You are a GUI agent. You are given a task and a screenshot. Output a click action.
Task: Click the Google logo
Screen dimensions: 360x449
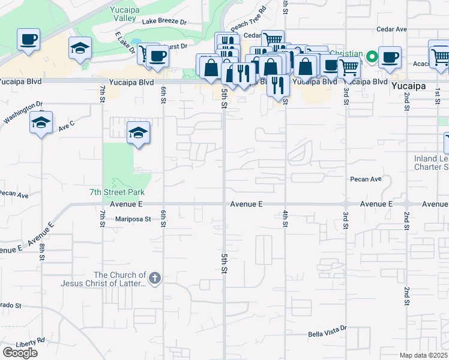tap(20, 352)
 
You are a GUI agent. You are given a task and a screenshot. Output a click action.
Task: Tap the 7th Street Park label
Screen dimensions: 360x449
tap(117, 192)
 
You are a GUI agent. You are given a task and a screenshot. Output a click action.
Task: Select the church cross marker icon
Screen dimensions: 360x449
tap(155, 278)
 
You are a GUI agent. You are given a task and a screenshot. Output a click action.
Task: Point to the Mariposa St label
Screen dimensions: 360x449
tap(133, 219)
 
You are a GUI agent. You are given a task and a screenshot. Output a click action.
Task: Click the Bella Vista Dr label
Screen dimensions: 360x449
tap(328, 331)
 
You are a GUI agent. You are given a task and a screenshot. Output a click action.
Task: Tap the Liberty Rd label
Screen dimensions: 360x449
tap(31, 341)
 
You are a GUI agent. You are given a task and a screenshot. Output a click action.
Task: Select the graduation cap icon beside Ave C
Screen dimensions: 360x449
tap(41, 123)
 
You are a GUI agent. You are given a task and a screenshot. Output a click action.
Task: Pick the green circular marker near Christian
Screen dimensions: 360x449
tap(372, 58)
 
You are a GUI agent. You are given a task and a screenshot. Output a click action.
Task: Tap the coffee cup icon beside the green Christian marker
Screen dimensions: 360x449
tap(390, 58)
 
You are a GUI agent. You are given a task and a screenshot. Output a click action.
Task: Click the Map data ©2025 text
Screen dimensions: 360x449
tap(424, 355)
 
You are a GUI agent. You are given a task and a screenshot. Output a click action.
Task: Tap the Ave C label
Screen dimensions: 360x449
tap(66, 127)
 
